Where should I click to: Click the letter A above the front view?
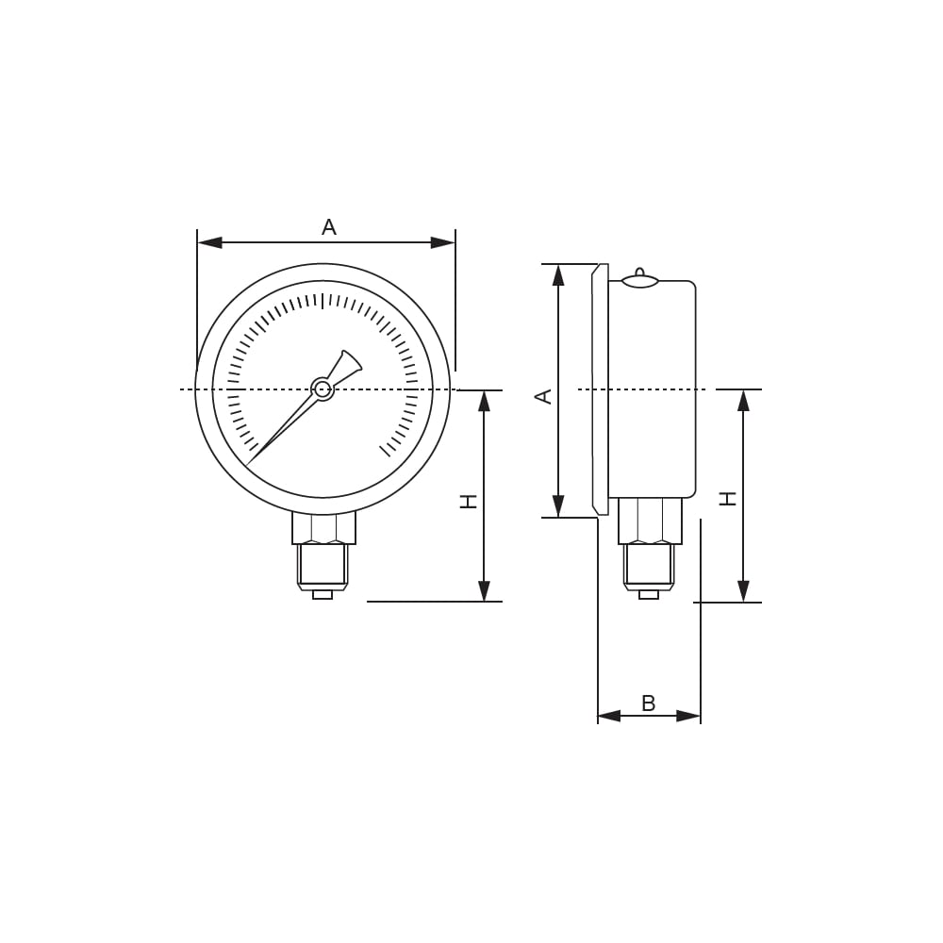pyautogui.click(x=329, y=226)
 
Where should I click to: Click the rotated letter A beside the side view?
pyautogui.click(x=544, y=396)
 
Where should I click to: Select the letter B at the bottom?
pyautogui.click(x=649, y=703)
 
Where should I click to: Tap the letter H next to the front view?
pyautogui.click(x=469, y=502)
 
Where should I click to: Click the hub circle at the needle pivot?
pyautogui.click(x=323, y=389)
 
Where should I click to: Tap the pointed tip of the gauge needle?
pyautogui.click(x=247, y=464)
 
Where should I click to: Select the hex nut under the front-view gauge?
pyautogui.click(x=323, y=528)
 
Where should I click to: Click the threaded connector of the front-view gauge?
pyautogui.click(x=323, y=567)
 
